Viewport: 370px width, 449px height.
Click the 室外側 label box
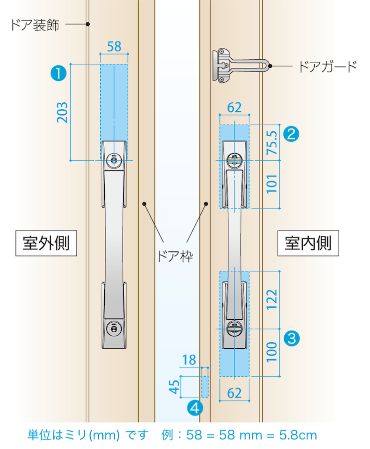pos(46,243)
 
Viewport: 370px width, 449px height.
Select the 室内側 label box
pos(308,243)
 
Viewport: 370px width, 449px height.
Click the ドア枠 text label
pos(175,256)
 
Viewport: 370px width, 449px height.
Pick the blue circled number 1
pos(59,74)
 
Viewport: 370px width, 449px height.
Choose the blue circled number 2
pos(291,133)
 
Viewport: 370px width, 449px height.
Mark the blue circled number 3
pos(291,338)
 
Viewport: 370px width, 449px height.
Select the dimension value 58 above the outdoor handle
pos(114,47)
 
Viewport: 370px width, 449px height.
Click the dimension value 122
pos(272,299)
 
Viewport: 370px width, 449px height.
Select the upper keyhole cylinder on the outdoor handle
pos(114,160)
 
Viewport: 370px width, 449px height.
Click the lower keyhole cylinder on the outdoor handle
pos(114,329)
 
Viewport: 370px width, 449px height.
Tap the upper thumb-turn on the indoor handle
pos(234,160)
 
